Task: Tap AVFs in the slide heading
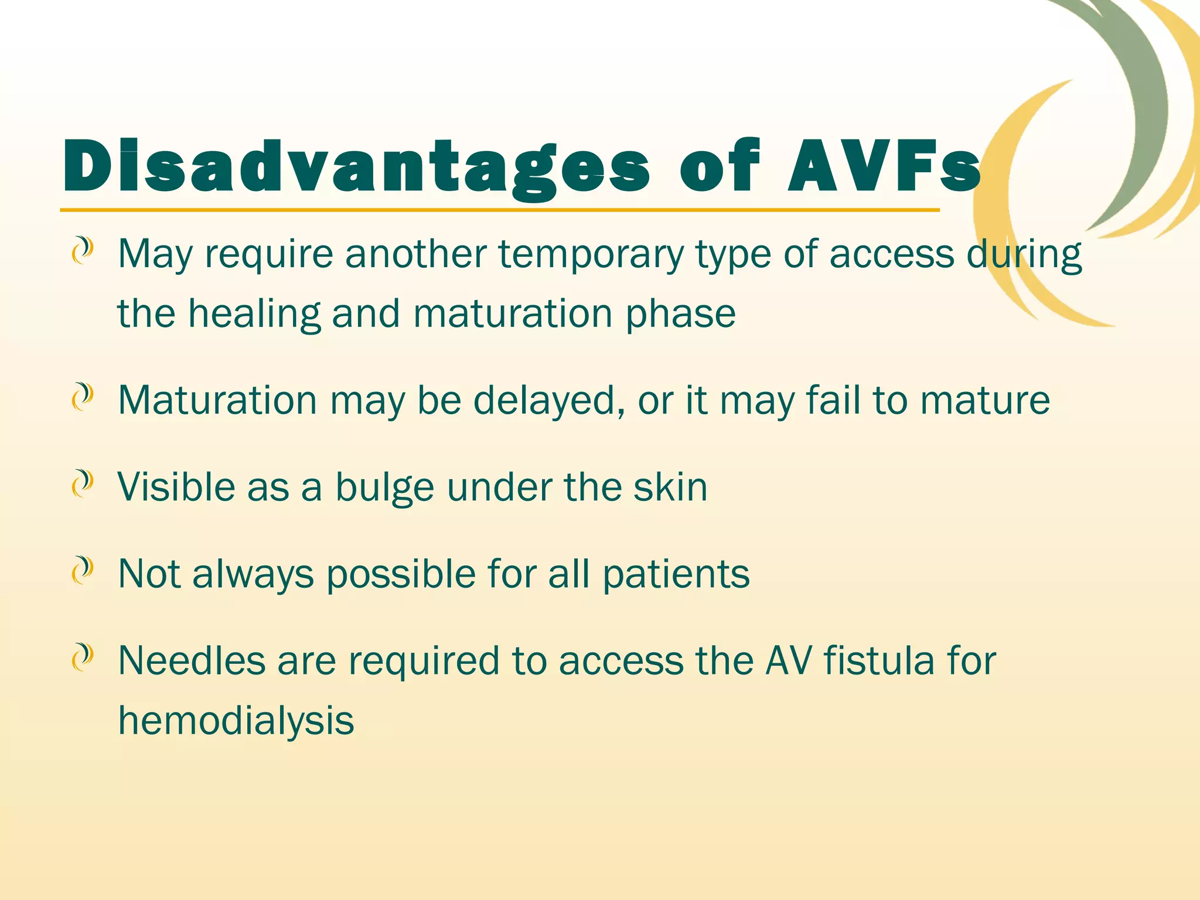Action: click(x=884, y=167)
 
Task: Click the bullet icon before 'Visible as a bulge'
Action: click(x=83, y=485)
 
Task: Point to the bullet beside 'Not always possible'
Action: click(x=83, y=571)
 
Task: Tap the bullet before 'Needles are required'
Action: click(x=83, y=658)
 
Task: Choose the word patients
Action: click(x=676, y=574)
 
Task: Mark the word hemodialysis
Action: click(x=236, y=721)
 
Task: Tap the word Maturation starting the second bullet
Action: click(x=217, y=401)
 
